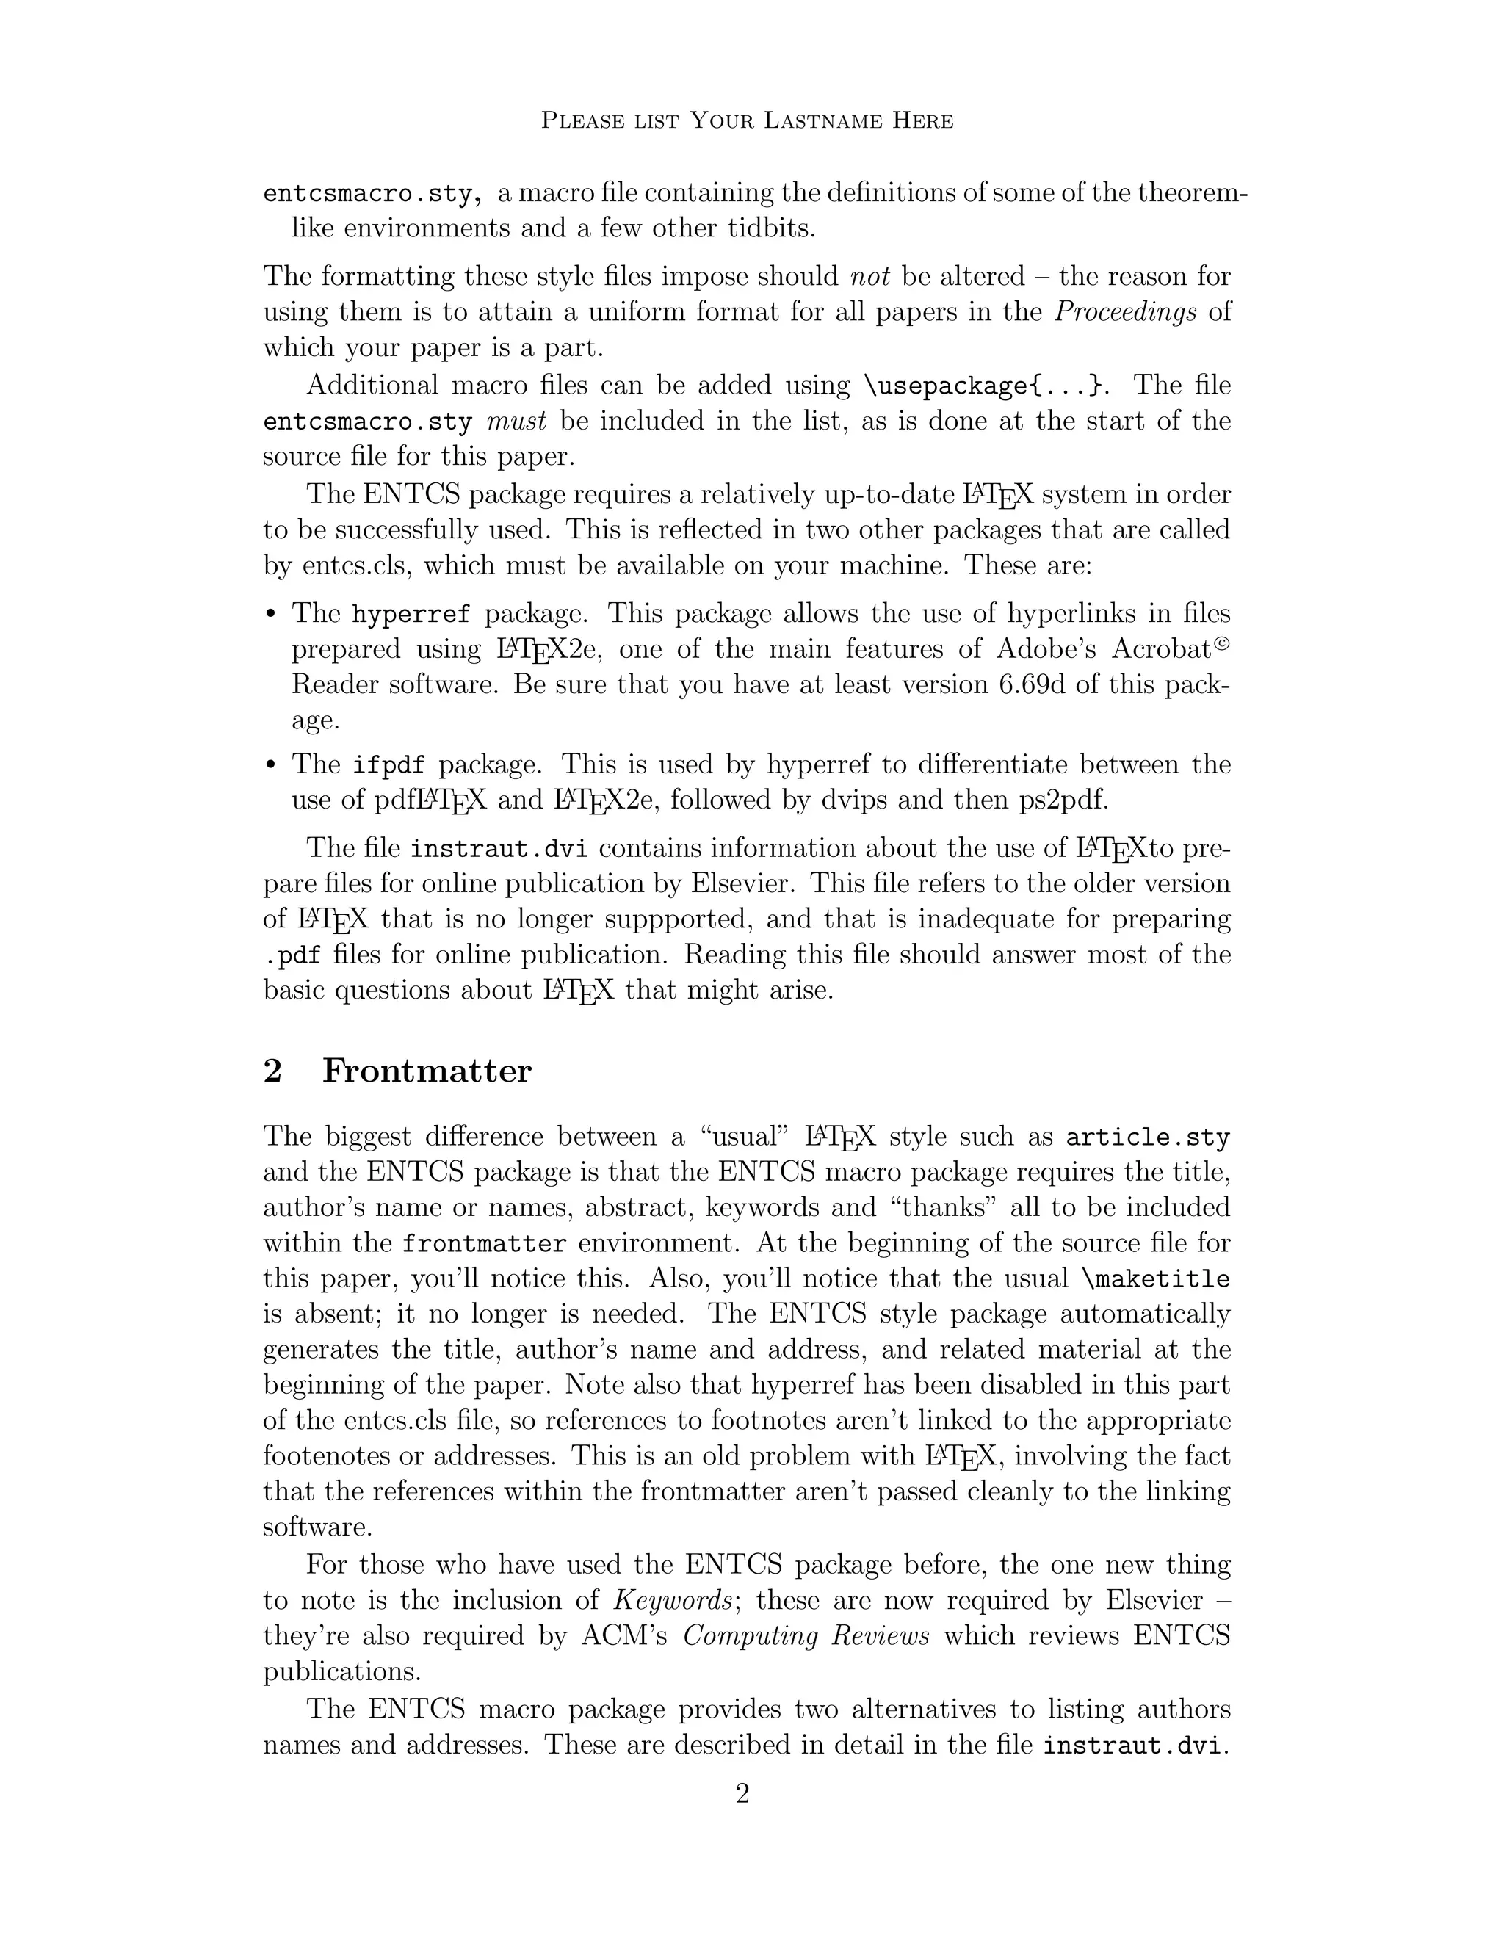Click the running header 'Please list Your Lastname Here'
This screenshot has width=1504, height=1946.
click(x=748, y=120)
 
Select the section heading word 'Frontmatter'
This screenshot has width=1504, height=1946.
click(x=427, y=1070)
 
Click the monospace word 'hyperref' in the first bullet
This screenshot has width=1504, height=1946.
click(x=411, y=614)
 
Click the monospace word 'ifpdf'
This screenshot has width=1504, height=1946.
click(x=388, y=764)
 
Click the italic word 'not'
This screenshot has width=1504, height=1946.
click(x=870, y=276)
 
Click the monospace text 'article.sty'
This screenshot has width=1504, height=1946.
click(x=1148, y=1137)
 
